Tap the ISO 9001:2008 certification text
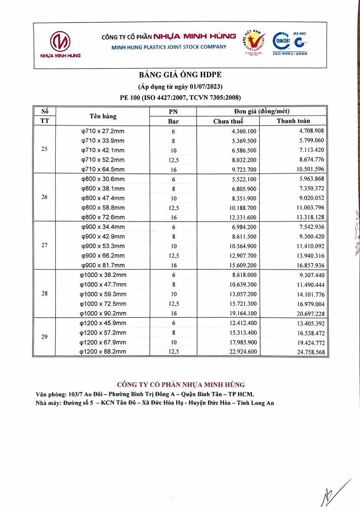click(x=290, y=53)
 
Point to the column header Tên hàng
click(x=103, y=116)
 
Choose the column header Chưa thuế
click(x=228, y=121)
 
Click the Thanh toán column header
click(x=294, y=121)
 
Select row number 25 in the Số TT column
click(x=44, y=150)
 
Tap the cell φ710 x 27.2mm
click(x=103, y=131)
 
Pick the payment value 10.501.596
click(x=308, y=169)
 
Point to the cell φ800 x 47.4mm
click(x=103, y=198)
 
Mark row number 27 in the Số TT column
click(x=44, y=245)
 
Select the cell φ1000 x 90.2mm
click(x=103, y=313)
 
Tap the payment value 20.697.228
click(x=308, y=313)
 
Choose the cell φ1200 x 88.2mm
click(x=103, y=351)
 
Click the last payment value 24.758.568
click(x=308, y=352)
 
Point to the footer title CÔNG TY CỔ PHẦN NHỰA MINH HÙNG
click(x=181, y=385)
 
